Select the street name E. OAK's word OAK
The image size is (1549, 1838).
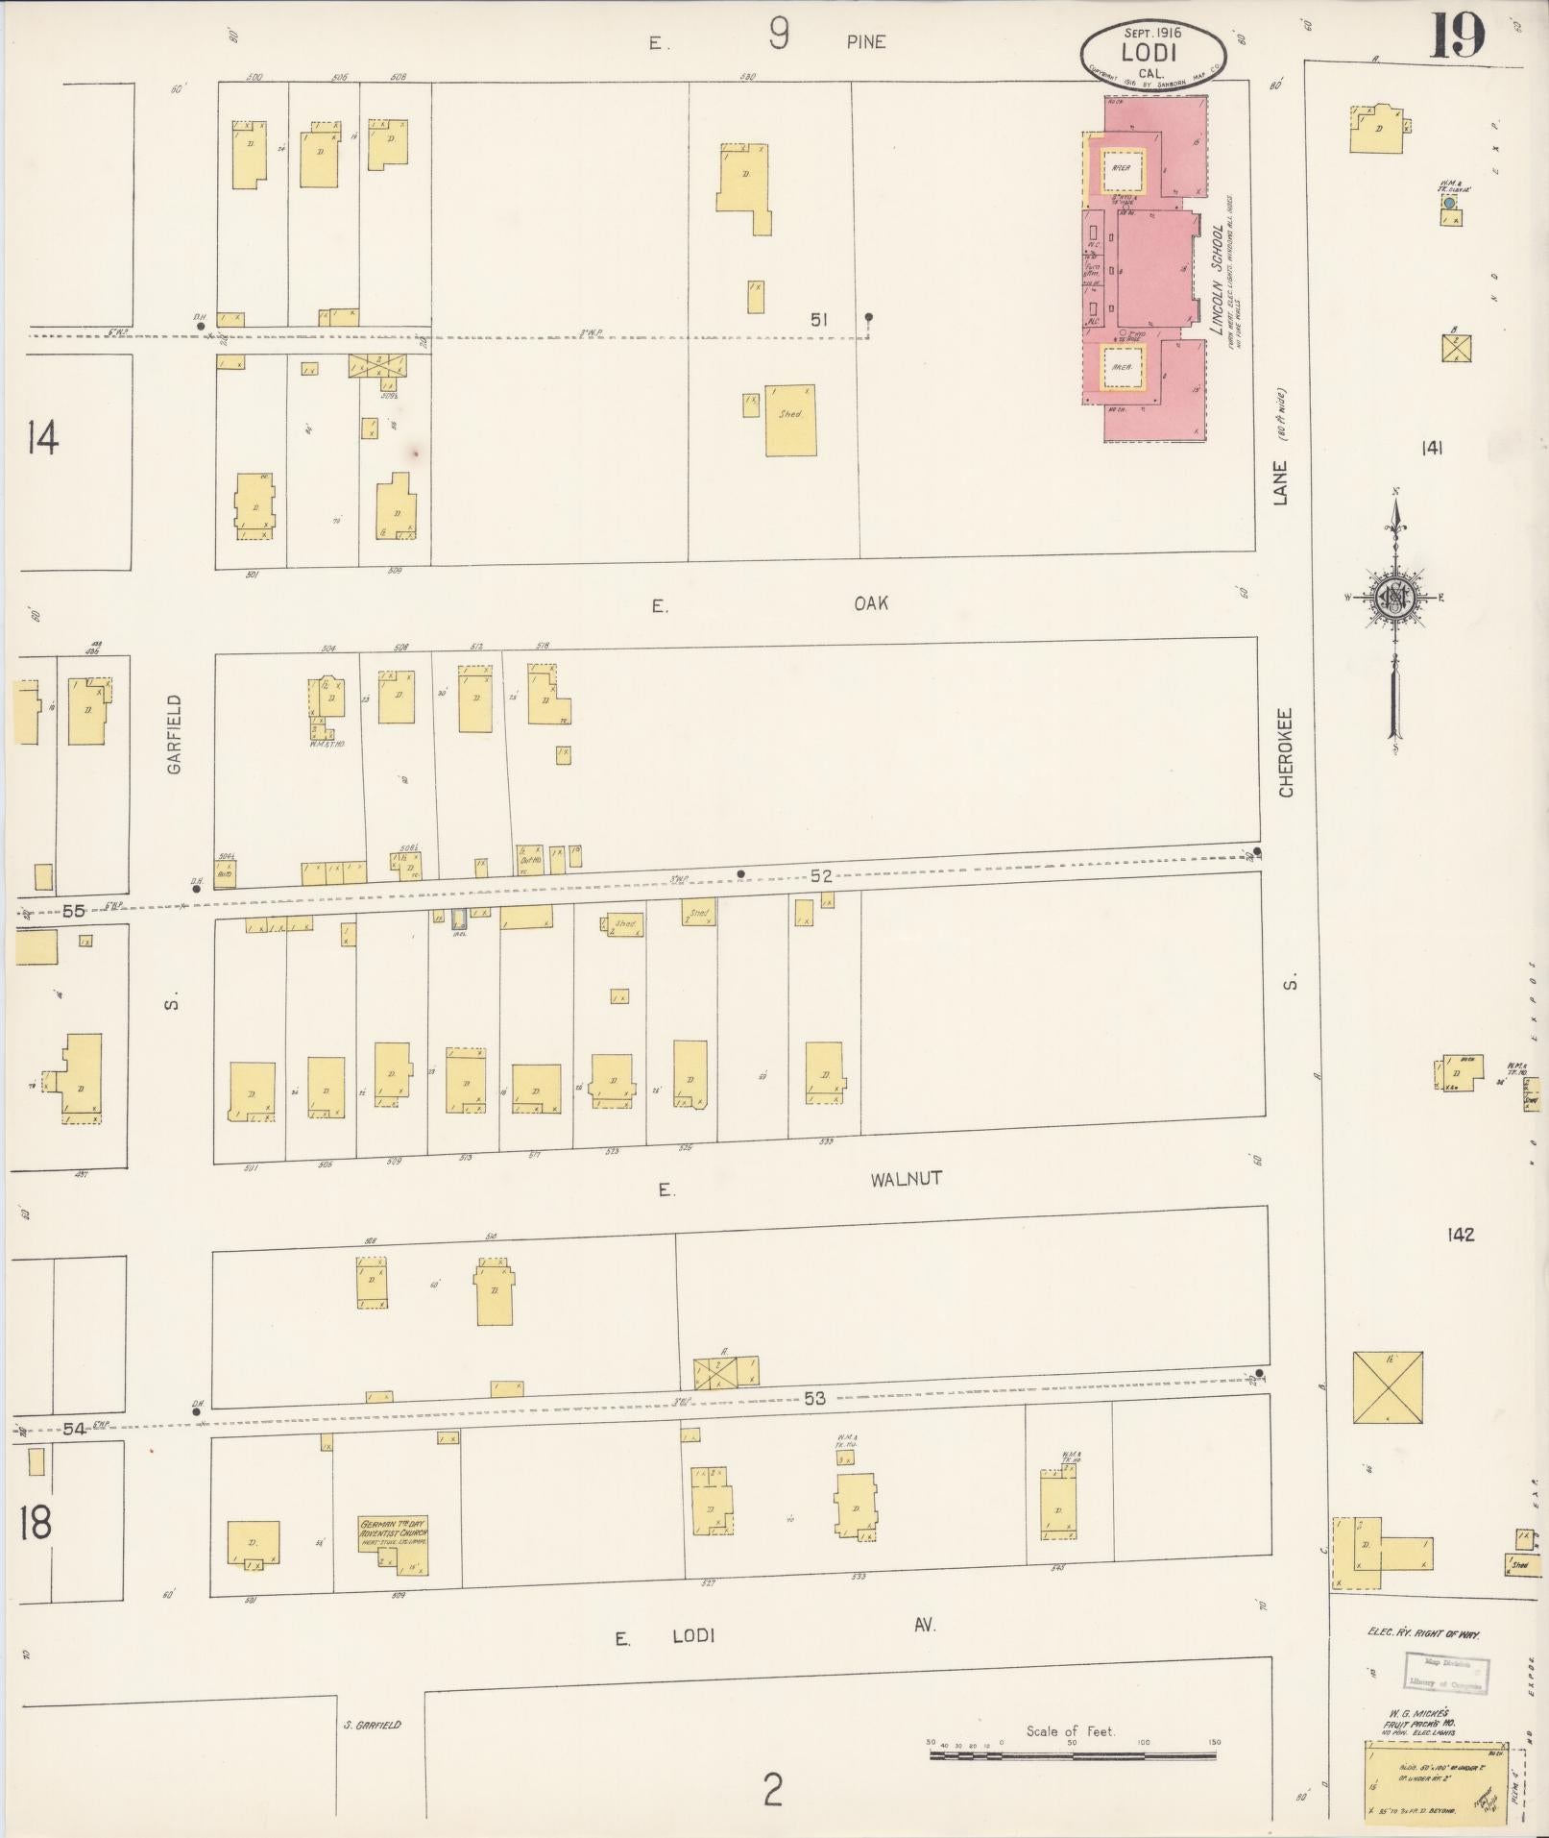(870, 603)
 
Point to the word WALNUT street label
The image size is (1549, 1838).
(906, 1179)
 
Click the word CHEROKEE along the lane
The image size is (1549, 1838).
(1287, 752)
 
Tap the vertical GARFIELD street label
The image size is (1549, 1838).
(174, 734)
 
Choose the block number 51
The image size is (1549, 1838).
(818, 319)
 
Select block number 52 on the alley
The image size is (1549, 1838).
(820, 875)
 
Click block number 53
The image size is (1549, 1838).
(814, 1398)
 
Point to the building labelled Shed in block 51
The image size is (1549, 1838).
(790, 420)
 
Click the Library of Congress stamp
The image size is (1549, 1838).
(1444, 1671)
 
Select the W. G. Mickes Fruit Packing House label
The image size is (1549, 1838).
(1420, 1719)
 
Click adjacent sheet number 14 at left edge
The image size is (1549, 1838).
(42, 438)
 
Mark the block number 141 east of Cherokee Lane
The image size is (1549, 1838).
(1433, 447)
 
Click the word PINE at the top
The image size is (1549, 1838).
(866, 41)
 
